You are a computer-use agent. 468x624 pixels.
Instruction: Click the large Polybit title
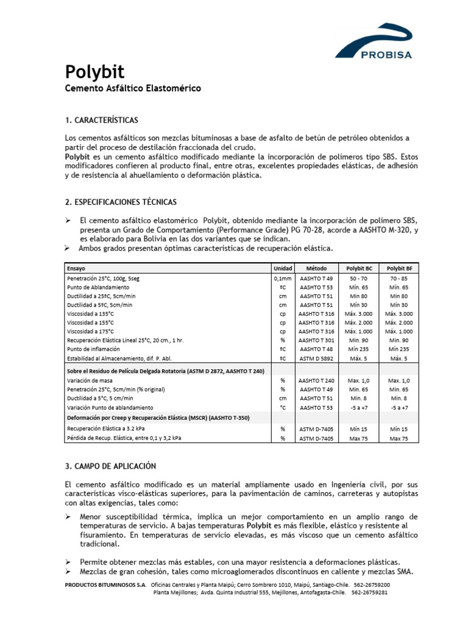pos(94,73)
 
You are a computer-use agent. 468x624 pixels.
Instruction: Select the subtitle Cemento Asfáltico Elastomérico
pos(133,89)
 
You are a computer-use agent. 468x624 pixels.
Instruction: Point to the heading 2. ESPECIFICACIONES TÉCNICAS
pos(121,202)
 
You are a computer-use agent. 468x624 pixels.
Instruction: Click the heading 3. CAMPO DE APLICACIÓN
pos(110,466)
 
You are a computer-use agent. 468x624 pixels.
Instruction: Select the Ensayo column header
pos(77,268)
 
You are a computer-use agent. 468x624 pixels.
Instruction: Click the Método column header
pos(316,268)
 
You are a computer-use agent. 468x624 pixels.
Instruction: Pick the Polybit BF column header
pos(399,268)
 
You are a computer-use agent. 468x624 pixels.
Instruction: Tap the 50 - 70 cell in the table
pos(358,277)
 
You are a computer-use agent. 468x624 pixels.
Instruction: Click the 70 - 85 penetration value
pos(399,277)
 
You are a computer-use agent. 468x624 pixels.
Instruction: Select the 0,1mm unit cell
pos(283,277)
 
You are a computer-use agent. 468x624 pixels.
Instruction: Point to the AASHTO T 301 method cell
pos(316,340)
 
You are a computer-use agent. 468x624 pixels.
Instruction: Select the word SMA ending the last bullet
pos(403,572)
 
